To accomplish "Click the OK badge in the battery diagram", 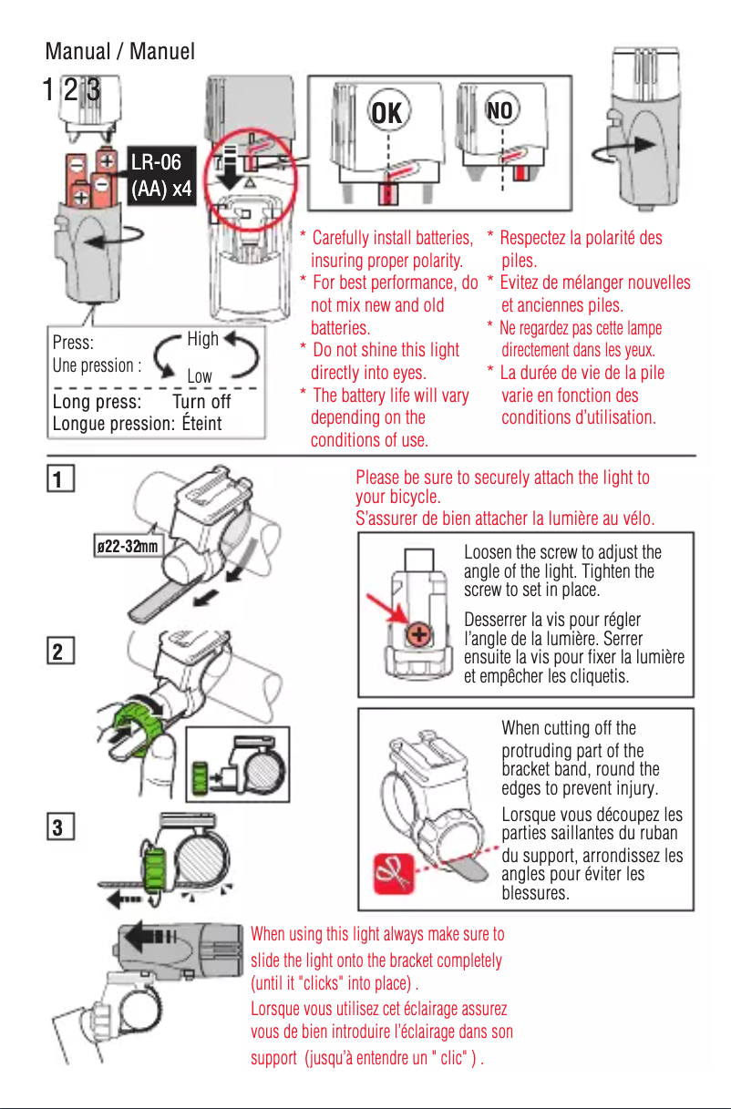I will click(x=387, y=112).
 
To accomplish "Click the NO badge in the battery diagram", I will click(x=501, y=111).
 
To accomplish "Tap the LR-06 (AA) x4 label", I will click(x=160, y=177).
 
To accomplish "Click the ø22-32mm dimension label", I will click(x=128, y=546).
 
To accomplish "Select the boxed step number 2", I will click(x=57, y=652).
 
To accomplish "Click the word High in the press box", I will click(x=202, y=340).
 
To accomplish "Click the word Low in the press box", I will click(x=200, y=376).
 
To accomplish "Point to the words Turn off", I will click(x=201, y=402).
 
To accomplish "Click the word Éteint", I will click(x=201, y=424).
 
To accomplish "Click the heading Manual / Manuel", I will click(x=120, y=52).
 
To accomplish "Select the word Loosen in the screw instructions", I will click(x=489, y=553).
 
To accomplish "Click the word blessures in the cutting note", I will click(x=536, y=894).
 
